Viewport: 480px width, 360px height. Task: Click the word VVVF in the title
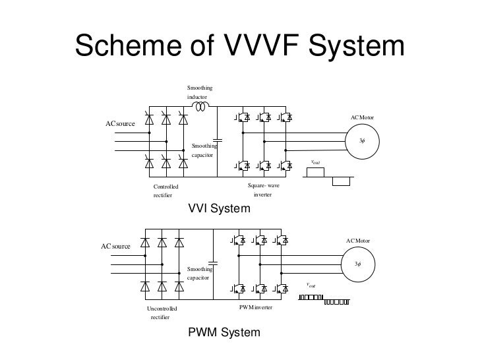[261, 45]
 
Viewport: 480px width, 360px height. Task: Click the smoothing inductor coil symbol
[201, 107]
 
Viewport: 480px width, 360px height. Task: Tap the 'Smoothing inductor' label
[200, 92]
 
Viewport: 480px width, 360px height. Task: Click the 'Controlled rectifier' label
[165, 191]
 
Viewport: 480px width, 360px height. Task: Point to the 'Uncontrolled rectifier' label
[162, 313]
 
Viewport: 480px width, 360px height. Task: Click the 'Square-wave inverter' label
[263, 190]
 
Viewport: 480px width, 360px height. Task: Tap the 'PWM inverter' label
[256, 307]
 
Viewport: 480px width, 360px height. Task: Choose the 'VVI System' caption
[219, 208]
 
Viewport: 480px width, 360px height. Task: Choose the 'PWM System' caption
[224, 332]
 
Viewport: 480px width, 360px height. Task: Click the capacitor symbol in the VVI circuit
[218, 140]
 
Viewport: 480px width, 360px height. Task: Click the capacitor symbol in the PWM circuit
[213, 263]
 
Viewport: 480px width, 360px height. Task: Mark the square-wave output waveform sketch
[328, 177]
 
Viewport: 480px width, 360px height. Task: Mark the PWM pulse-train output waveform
[324, 299]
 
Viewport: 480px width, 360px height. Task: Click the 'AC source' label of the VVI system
[120, 124]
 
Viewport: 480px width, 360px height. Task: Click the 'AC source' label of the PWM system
[115, 247]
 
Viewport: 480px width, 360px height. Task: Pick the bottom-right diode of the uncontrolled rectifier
[179, 287]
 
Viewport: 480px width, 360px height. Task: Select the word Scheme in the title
[129, 45]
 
